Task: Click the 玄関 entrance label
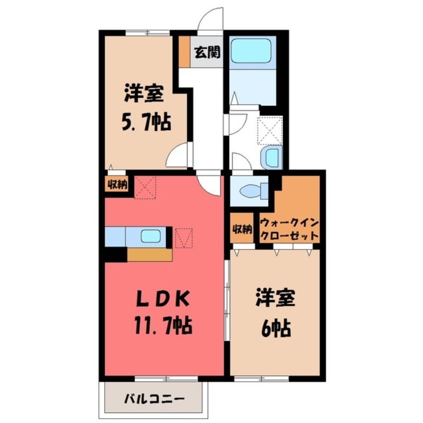point(207,52)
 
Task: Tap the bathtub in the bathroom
point(250,51)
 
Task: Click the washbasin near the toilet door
point(272,157)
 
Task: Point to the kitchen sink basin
point(151,236)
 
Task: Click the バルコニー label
point(154,399)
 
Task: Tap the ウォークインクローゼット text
point(289,229)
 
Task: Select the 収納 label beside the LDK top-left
point(117,185)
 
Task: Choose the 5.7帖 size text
point(146,122)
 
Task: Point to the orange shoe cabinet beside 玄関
point(185,52)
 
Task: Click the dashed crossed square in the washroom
point(270,129)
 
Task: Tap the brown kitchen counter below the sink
point(150,255)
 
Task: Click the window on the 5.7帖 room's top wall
point(148,33)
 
